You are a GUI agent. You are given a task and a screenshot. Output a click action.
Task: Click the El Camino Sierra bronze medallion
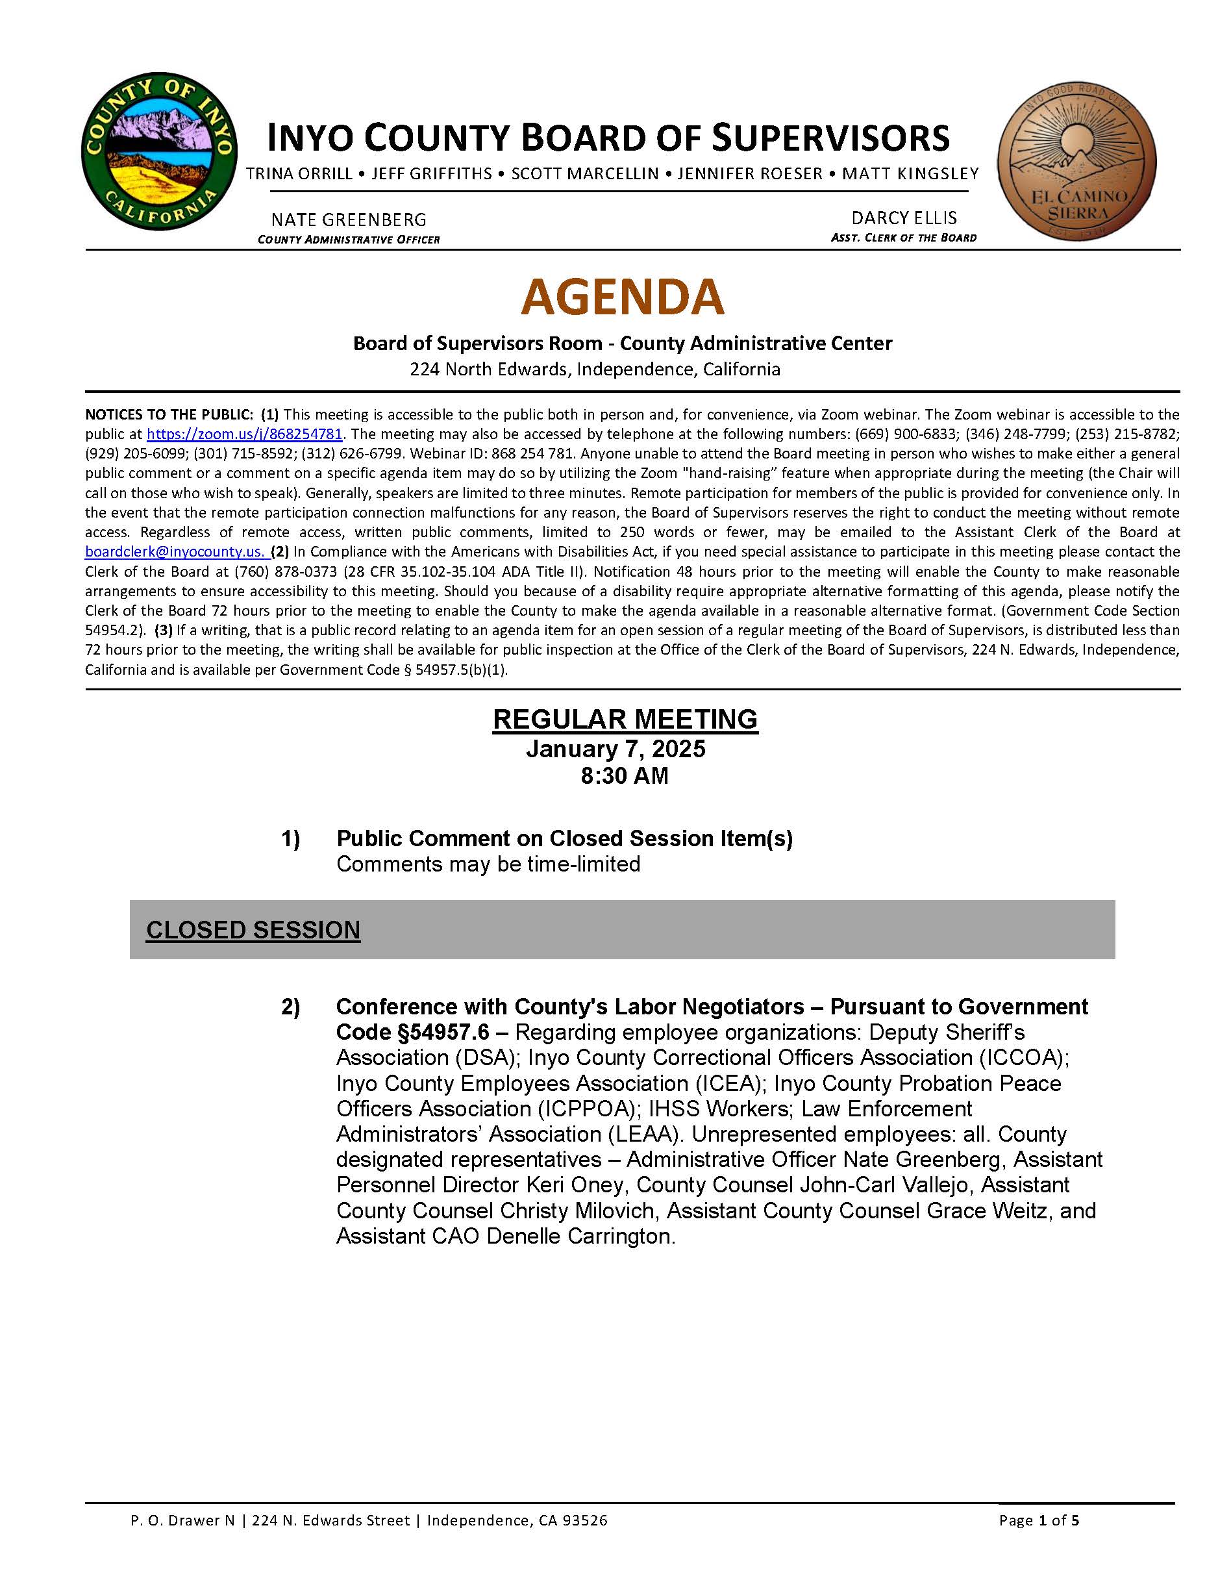click(1076, 160)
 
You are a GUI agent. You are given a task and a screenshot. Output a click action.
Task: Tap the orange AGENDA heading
click(622, 296)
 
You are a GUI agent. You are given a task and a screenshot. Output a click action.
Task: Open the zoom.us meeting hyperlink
click(244, 434)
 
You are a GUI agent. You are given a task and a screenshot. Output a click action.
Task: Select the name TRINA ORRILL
click(300, 174)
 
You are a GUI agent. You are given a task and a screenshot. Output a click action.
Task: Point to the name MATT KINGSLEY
click(910, 174)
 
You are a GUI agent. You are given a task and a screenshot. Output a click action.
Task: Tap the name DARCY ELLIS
click(904, 218)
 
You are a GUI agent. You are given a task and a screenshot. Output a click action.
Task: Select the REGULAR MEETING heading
click(625, 719)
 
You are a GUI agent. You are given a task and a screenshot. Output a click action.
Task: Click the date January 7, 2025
click(615, 749)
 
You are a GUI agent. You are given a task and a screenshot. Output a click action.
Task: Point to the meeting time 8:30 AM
click(624, 775)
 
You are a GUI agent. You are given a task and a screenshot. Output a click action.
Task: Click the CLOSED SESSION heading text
click(253, 930)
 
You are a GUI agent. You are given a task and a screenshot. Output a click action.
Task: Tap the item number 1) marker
click(290, 839)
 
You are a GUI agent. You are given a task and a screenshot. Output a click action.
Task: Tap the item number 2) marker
click(290, 1007)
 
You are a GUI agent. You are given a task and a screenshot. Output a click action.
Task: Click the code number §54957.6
click(412, 1033)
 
